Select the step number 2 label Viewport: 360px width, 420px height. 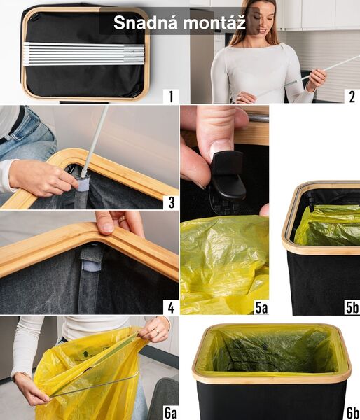[x=351, y=96]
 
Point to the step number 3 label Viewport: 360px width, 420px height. [x=169, y=202]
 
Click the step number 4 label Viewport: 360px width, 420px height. [x=169, y=307]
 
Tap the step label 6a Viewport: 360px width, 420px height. [x=169, y=412]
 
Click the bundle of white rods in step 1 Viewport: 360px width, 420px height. [x=84, y=54]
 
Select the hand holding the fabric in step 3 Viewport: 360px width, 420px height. [x=42, y=178]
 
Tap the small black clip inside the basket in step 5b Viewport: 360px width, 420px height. [x=309, y=202]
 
